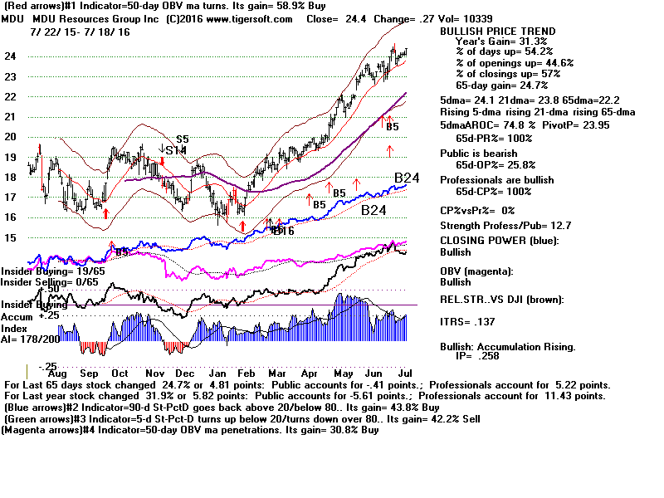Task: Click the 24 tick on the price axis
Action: click(x=11, y=56)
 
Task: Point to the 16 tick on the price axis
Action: click(x=11, y=217)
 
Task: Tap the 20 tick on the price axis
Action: click(x=11, y=137)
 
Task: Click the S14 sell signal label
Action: click(x=175, y=150)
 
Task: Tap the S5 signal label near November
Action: click(x=182, y=139)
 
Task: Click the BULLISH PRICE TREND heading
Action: click(x=497, y=32)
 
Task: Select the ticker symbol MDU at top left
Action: click(x=15, y=17)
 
